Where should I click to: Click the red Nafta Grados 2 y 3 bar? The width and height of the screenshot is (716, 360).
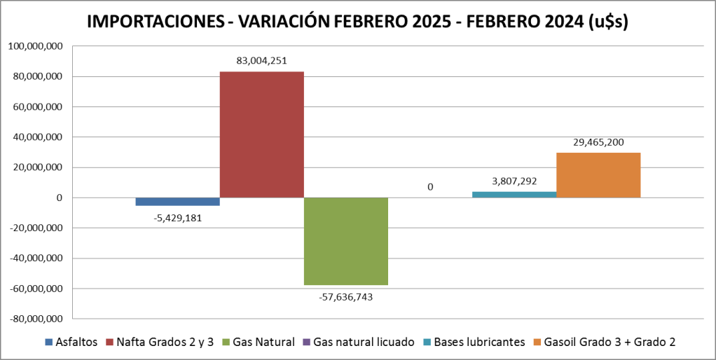pyautogui.click(x=261, y=134)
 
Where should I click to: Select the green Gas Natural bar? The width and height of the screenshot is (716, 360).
pyautogui.click(x=345, y=241)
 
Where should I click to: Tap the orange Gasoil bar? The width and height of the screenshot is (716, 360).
pyautogui.click(x=598, y=175)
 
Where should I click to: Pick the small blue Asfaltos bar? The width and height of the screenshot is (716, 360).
pyautogui.click(x=177, y=202)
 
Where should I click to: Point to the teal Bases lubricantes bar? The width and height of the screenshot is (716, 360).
pyautogui.click(x=514, y=195)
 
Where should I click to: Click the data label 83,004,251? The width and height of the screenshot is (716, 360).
pyautogui.click(x=261, y=61)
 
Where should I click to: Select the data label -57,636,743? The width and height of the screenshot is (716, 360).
pyautogui.click(x=345, y=296)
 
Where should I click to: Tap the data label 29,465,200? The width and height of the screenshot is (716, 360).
pyautogui.click(x=598, y=142)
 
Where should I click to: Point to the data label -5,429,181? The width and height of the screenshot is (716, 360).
pyautogui.click(x=177, y=216)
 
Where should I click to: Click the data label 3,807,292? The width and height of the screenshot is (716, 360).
pyautogui.click(x=514, y=181)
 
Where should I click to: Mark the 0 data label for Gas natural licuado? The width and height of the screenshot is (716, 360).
pyautogui.click(x=430, y=187)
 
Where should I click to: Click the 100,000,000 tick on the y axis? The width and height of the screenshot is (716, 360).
pyautogui.click(x=36, y=46)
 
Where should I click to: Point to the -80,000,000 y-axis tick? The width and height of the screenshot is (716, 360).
pyautogui.click(x=35, y=319)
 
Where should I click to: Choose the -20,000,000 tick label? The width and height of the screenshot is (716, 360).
pyautogui.click(x=35, y=228)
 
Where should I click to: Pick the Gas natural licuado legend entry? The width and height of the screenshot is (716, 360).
pyautogui.click(x=359, y=342)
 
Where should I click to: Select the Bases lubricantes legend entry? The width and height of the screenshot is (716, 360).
pyautogui.click(x=479, y=342)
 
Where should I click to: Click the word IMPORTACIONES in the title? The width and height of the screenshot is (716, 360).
pyautogui.click(x=152, y=22)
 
